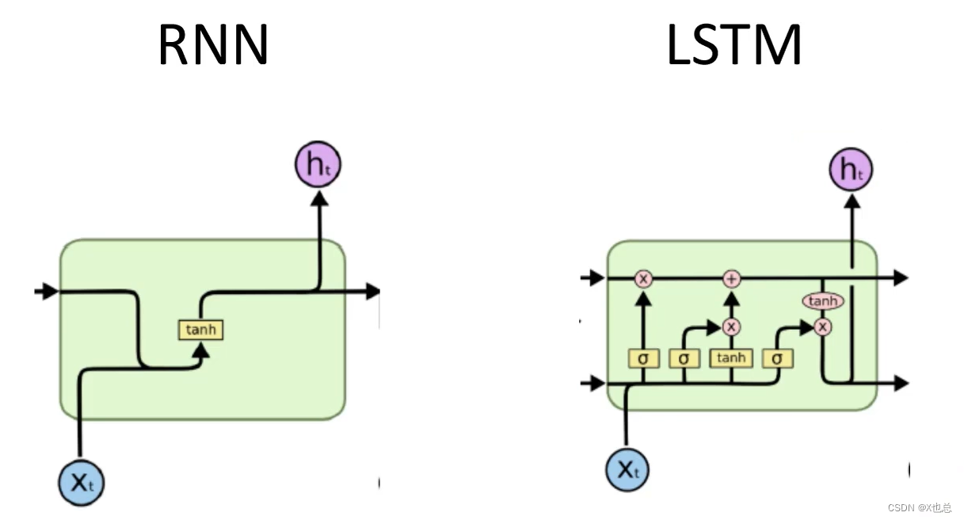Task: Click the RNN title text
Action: click(213, 46)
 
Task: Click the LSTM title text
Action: click(733, 46)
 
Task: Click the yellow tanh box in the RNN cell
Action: click(200, 329)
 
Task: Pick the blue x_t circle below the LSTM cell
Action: click(627, 469)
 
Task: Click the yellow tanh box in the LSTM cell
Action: click(730, 358)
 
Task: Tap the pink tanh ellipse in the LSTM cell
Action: click(823, 301)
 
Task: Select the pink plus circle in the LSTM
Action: click(731, 278)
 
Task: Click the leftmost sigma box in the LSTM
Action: click(643, 358)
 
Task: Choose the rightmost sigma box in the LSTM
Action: click(778, 358)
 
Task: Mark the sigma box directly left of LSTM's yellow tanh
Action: click(684, 358)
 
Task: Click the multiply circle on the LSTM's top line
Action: click(643, 278)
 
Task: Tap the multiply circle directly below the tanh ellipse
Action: click(823, 326)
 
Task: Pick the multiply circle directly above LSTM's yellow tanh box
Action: click(731, 326)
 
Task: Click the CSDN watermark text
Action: click(919, 507)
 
